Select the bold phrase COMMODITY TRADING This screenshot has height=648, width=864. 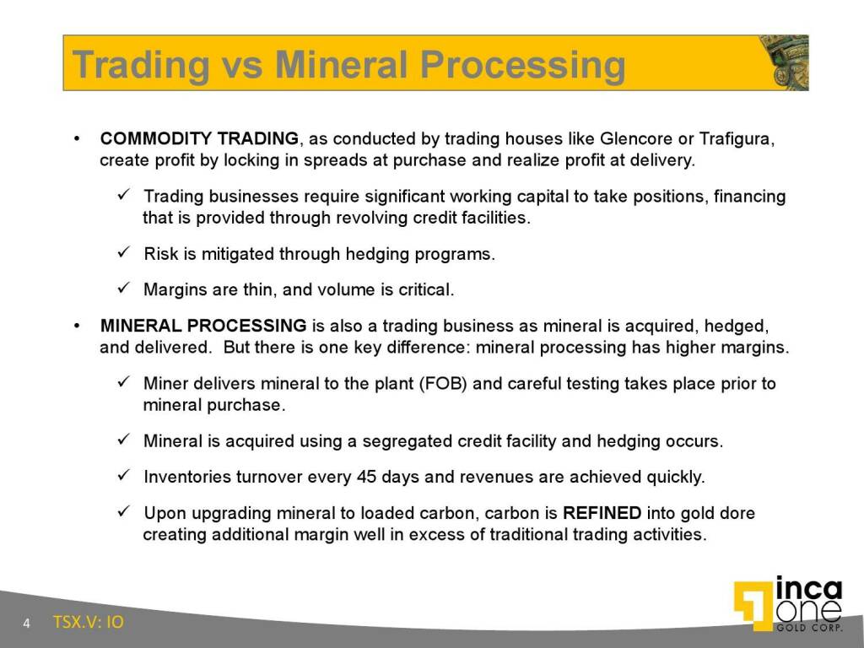(199, 138)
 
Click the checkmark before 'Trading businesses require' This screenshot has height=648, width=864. (123, 197)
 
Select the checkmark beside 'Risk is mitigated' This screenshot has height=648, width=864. (123, 253)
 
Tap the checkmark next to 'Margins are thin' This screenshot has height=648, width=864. (123, 289)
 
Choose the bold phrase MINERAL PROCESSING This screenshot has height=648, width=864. (203, 326)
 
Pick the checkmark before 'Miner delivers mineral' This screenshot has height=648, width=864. (123, 384)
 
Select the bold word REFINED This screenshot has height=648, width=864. (602, 513)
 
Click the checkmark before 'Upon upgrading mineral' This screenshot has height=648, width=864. (123, 513)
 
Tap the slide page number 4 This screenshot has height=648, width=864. (27, 624)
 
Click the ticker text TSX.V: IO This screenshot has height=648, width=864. (88, 623)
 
